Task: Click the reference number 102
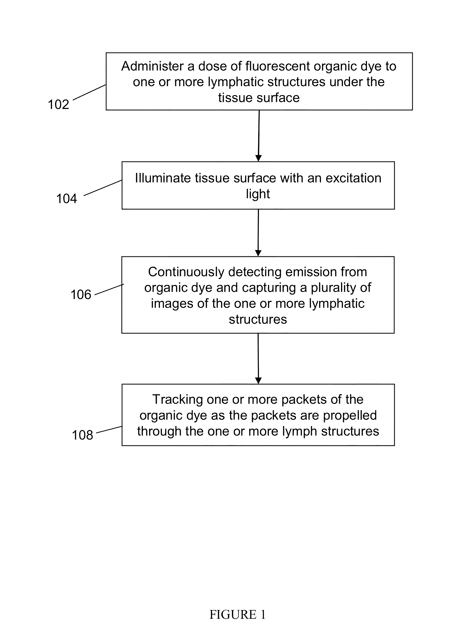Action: click(59, 104)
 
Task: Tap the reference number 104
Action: click(66, 199)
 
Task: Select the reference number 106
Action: click(81, 295)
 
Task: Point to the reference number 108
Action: click(82, 435)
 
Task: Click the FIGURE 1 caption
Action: click(237, 615)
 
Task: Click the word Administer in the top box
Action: click(152, 66)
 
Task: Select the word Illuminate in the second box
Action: click(163, 178)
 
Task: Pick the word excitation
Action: click(353, 178)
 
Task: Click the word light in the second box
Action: click(258, 194)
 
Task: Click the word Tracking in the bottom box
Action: click(177, 399)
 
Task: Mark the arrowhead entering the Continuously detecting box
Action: click(258, 253)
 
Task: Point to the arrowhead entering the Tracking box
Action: click(258, 380)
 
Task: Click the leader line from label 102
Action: click(89, 93)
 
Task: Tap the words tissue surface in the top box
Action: click(259, 98)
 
